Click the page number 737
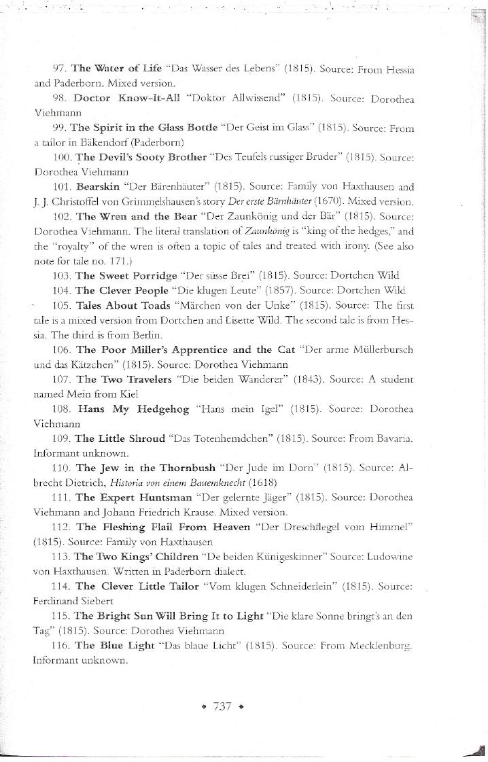click(223, 706)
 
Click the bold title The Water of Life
click(116, 69)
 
